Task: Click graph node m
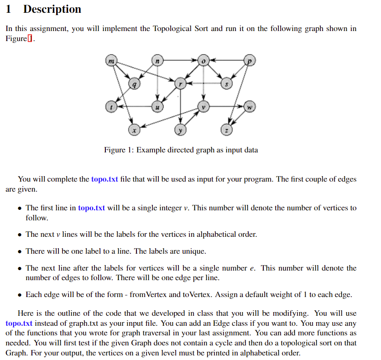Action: click(x=111, y=60)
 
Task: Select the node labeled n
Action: click(x=157, y=60)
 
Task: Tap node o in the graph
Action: click(x=204, y=60)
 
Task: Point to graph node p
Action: click(x=250, y=60)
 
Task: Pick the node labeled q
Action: click(x=134, y=83)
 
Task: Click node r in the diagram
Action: click(x=180, y=83)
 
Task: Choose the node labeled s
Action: click(x=227, y=83)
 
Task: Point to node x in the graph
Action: click(x=134, y=130)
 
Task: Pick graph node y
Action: click(x=180, y=130)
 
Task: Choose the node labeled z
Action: click(x=227, y=130)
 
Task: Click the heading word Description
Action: click(x=52, y=9)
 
